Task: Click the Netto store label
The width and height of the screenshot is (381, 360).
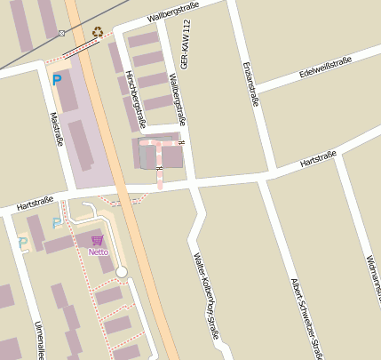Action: pyautogui.click(x=98, y=252)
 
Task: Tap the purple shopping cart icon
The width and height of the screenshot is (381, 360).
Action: pyautogui.click(x=97, y=240)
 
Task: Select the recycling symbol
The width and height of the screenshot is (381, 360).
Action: pyautogui.click(x=97, y=32)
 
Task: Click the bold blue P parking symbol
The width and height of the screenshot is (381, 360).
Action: pyautogui.click(x=57, y=81)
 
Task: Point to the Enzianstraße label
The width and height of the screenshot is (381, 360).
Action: pyautogui.click(x=250, y=84)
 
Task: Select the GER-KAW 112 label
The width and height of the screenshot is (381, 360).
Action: pyautogui.click(x=186, y=59)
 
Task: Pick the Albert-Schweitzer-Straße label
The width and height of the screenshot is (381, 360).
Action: pyautogui.click(x=306, y=317)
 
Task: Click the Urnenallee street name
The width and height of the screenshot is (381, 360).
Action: pyautogui.click(x=38, y=338)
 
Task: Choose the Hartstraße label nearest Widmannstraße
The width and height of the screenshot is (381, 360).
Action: pyautogui.click(x=318, y=160)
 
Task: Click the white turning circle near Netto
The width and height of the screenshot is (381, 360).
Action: pyautogui.click(x=122, y=271)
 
